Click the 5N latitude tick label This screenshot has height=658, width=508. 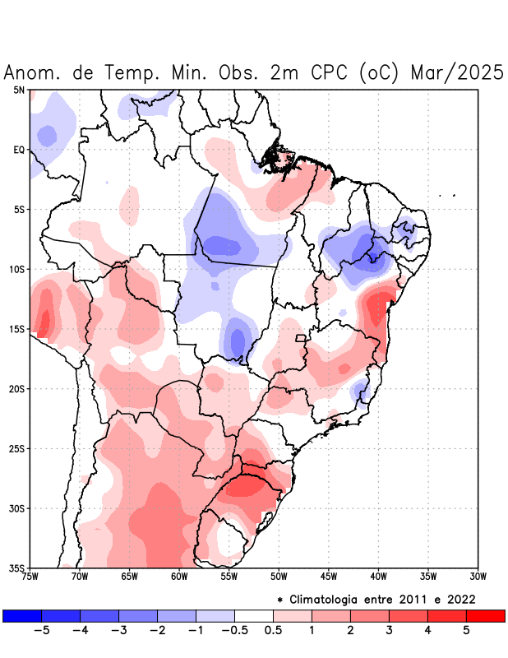[19, 90]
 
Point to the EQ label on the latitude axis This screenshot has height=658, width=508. [19, 150]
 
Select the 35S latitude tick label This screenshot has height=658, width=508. [16, 568]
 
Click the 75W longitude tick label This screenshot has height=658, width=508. [30, 577]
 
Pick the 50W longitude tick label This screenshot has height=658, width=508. [279, 577]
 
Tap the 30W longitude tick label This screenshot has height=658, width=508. [478, 577]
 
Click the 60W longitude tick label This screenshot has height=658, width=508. [179, 577]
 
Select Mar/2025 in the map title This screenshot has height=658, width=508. [455, 72]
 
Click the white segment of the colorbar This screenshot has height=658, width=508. [254, 615]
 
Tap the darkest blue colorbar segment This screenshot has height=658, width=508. [22, 615]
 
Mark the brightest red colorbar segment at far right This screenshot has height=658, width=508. [485, 615]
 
